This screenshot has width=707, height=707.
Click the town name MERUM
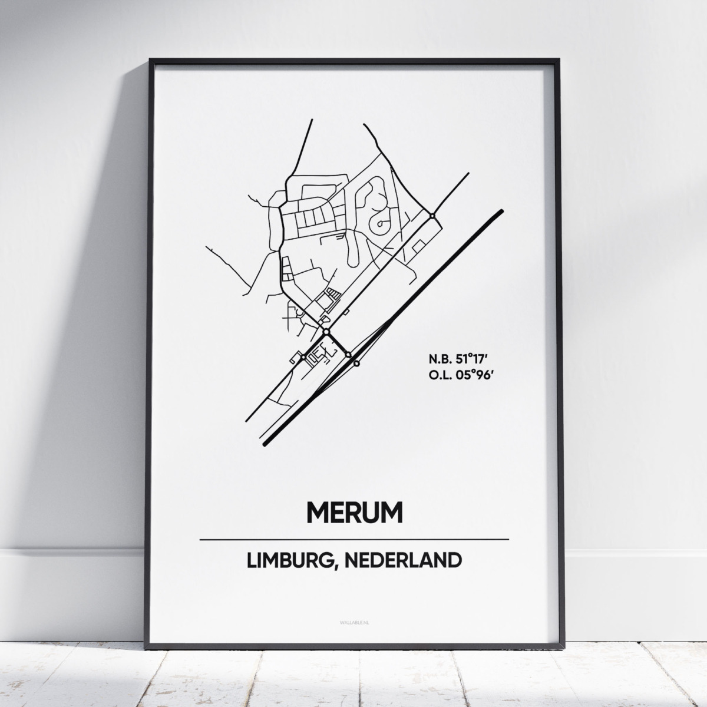coord(354,512)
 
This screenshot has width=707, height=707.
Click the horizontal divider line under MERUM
coord(354,539)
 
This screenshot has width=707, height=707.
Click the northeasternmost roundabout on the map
coord(432,216)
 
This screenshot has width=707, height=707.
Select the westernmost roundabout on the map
coord(301,357)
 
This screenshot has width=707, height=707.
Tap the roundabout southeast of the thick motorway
coord(356,364)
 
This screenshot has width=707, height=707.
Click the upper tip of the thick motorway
coord(501,211)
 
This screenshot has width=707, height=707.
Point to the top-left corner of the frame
coord(151,60)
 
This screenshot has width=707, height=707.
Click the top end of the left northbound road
coord(311,120)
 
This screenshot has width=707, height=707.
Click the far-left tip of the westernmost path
coord(205,246)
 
